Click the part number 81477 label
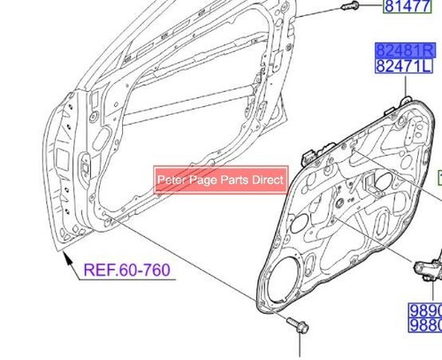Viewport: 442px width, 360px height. [407, 9]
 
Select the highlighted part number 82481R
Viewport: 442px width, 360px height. [407, 51]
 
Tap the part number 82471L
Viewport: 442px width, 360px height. [407, 67]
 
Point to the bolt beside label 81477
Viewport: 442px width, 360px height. [347, 7]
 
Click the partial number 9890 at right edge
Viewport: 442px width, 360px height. [424, 310]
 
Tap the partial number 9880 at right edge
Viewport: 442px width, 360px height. [424, 326]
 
